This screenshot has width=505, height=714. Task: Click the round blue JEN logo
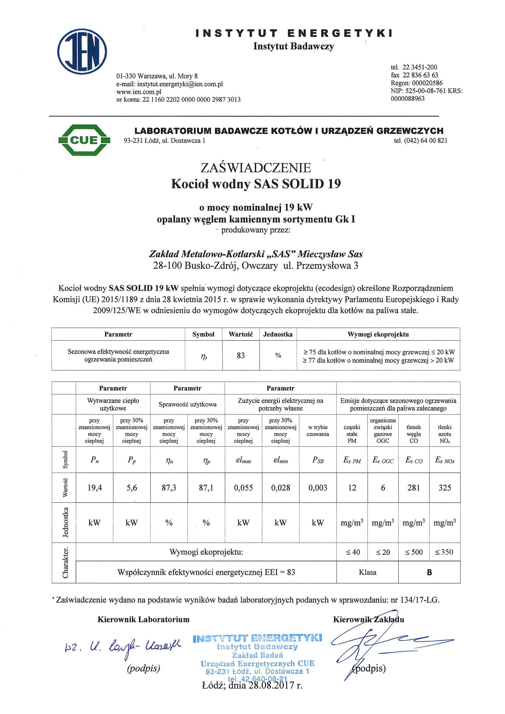point(82,52)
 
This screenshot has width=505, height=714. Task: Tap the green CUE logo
point(84,140)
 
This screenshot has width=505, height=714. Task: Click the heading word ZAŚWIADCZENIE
point(256,168)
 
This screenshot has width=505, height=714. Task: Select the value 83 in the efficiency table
point(241,355)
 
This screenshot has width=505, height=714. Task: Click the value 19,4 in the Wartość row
point(94,488)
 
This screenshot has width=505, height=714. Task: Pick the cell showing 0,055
point(243,488)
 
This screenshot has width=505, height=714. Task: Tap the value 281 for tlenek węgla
point(413,488)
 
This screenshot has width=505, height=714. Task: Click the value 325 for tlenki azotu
point(445,488)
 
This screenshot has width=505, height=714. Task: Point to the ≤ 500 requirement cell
point(414,552)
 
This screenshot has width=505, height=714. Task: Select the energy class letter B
point(429,572)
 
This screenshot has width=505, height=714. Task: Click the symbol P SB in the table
point(318,460)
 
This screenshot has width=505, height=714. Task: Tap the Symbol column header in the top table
point(203,334)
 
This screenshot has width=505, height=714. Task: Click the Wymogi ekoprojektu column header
point(378,334)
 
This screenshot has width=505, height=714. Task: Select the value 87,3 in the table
point(169,488)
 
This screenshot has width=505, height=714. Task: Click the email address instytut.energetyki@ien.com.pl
point(180,84)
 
